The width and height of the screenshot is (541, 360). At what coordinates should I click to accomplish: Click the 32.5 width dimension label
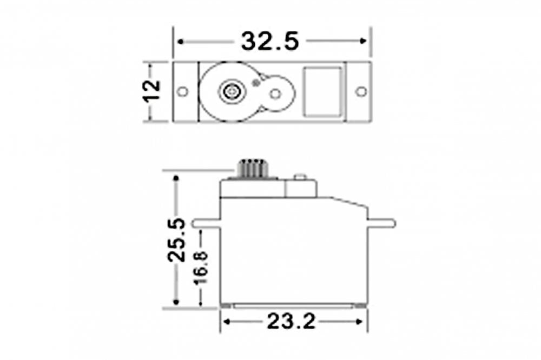[x=270, y=41]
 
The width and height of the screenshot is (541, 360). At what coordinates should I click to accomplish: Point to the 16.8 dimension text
[x=201, y=266]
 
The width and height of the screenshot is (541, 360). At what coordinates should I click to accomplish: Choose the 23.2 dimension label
[x=291, y=322]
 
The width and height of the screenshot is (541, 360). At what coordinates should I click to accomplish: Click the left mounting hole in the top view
[x=183, y=91]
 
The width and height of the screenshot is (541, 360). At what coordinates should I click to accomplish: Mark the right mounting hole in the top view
[x=361, y=91]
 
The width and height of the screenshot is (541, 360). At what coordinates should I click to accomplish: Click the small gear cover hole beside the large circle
[x=275, y=94]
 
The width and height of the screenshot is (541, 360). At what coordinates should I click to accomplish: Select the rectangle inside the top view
[x=323, y=91]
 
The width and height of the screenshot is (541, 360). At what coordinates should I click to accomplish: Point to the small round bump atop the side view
[x=300, y=177]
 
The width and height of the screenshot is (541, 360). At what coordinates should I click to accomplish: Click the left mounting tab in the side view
[x=206, y=223]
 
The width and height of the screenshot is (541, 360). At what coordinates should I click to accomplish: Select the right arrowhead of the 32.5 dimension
[x=364, y=41]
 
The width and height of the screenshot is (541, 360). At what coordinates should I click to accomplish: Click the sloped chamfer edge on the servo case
[x=349, y=203]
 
